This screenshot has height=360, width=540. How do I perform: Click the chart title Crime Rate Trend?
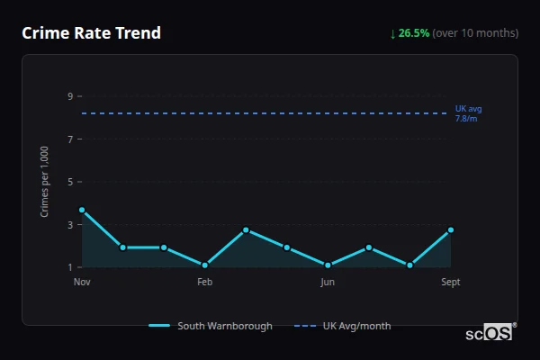coord(91,33)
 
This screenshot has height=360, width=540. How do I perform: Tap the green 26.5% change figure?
coord(414,33)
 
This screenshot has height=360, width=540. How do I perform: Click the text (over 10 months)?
coord(475,33)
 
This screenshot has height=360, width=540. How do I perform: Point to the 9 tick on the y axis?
coord(69,96)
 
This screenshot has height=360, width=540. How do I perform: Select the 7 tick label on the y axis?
coord(69,139)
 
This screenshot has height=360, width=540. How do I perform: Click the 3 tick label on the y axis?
coord(69,225)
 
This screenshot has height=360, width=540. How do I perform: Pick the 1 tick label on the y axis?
coord(69,267)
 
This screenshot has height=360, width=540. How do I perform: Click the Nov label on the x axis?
coord(82,282)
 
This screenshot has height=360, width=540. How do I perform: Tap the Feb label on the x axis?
coord(204,282)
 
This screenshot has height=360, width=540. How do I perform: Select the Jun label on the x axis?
coord(328,282)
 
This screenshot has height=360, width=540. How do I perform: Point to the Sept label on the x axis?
coord(451,282)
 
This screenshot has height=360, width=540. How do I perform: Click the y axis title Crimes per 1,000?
coord(45,182)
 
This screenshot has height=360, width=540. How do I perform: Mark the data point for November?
coord(82,210)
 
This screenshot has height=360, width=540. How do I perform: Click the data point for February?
coord(205,265)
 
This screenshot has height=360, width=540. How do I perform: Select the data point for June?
coord(328,265)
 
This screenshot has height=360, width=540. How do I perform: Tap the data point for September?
coord(451,230)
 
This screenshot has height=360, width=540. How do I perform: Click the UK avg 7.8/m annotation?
coord(468,113)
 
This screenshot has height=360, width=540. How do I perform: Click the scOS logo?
coord(489,333)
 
